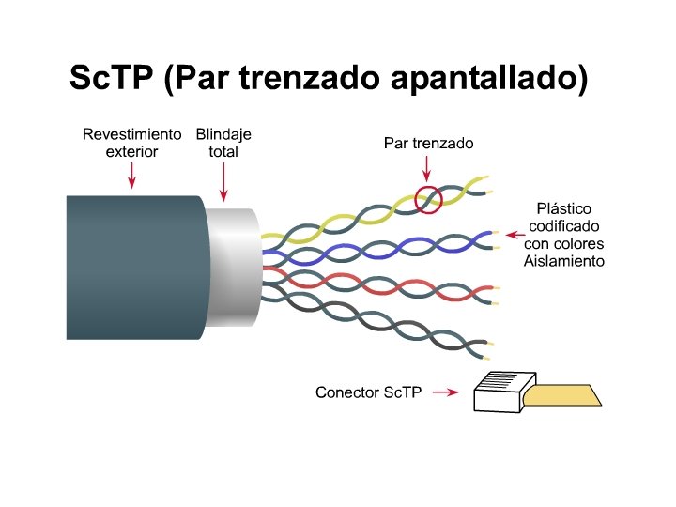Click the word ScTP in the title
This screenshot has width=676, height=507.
pyautogui.click(x=111, y=78)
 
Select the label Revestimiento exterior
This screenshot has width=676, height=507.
pyautogui.click(x=131, y=143)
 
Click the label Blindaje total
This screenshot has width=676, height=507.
pyautogui.click(x=223, y=143)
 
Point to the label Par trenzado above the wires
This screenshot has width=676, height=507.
pyautogui.click(x=428, y=144)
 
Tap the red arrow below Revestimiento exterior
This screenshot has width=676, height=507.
pyautogui.click(x=131, y=174)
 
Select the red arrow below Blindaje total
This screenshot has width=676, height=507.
pyautogui.click(x=223, y=180)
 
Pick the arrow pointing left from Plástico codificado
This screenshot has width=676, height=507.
pyautogui.click(x=513, y=234)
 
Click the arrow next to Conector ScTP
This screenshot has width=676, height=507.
pyautogui.click(x=448, y=392)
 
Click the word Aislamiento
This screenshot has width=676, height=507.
pyautogui.click(x=563, y=260)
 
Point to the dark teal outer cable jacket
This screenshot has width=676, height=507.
pyautogui.click(x=131, y=268)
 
